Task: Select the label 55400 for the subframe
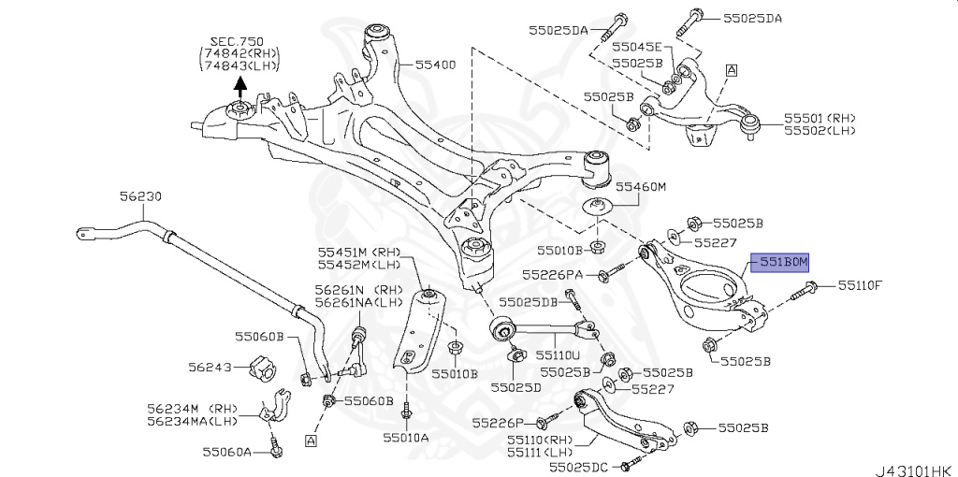[x=435, y=65]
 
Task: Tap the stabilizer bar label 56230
[x=140, y=196]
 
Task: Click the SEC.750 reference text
[x=239, y=42]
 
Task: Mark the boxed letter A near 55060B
[x=310, y=440]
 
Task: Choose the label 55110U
[x=559, y=355]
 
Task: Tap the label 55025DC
[x=579, y=466]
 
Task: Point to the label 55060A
[x=228, y=453]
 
